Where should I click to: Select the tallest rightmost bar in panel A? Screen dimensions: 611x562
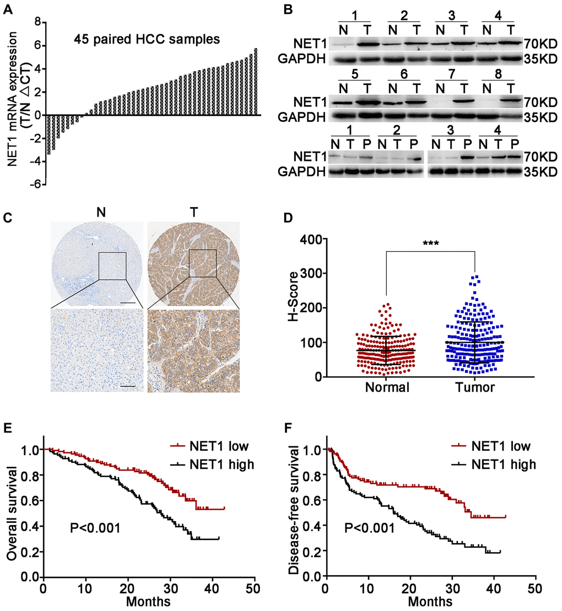(256, 82)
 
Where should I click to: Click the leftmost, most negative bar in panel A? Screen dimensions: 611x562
(48, 134)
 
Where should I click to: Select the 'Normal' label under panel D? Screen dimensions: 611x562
(387, 387)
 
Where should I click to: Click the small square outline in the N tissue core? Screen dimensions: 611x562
(112, 266)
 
